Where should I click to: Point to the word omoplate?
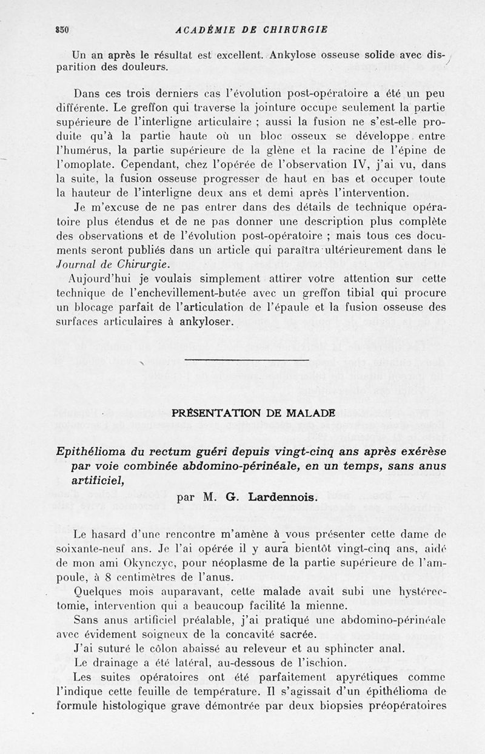[99, 164]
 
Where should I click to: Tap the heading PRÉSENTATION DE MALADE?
[253, 413]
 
